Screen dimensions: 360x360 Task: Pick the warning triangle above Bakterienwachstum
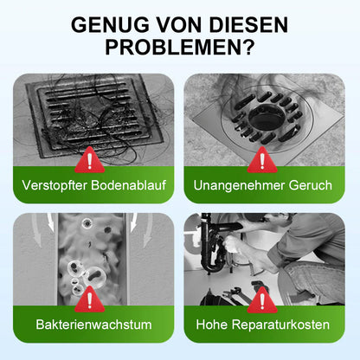click(88, 299)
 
